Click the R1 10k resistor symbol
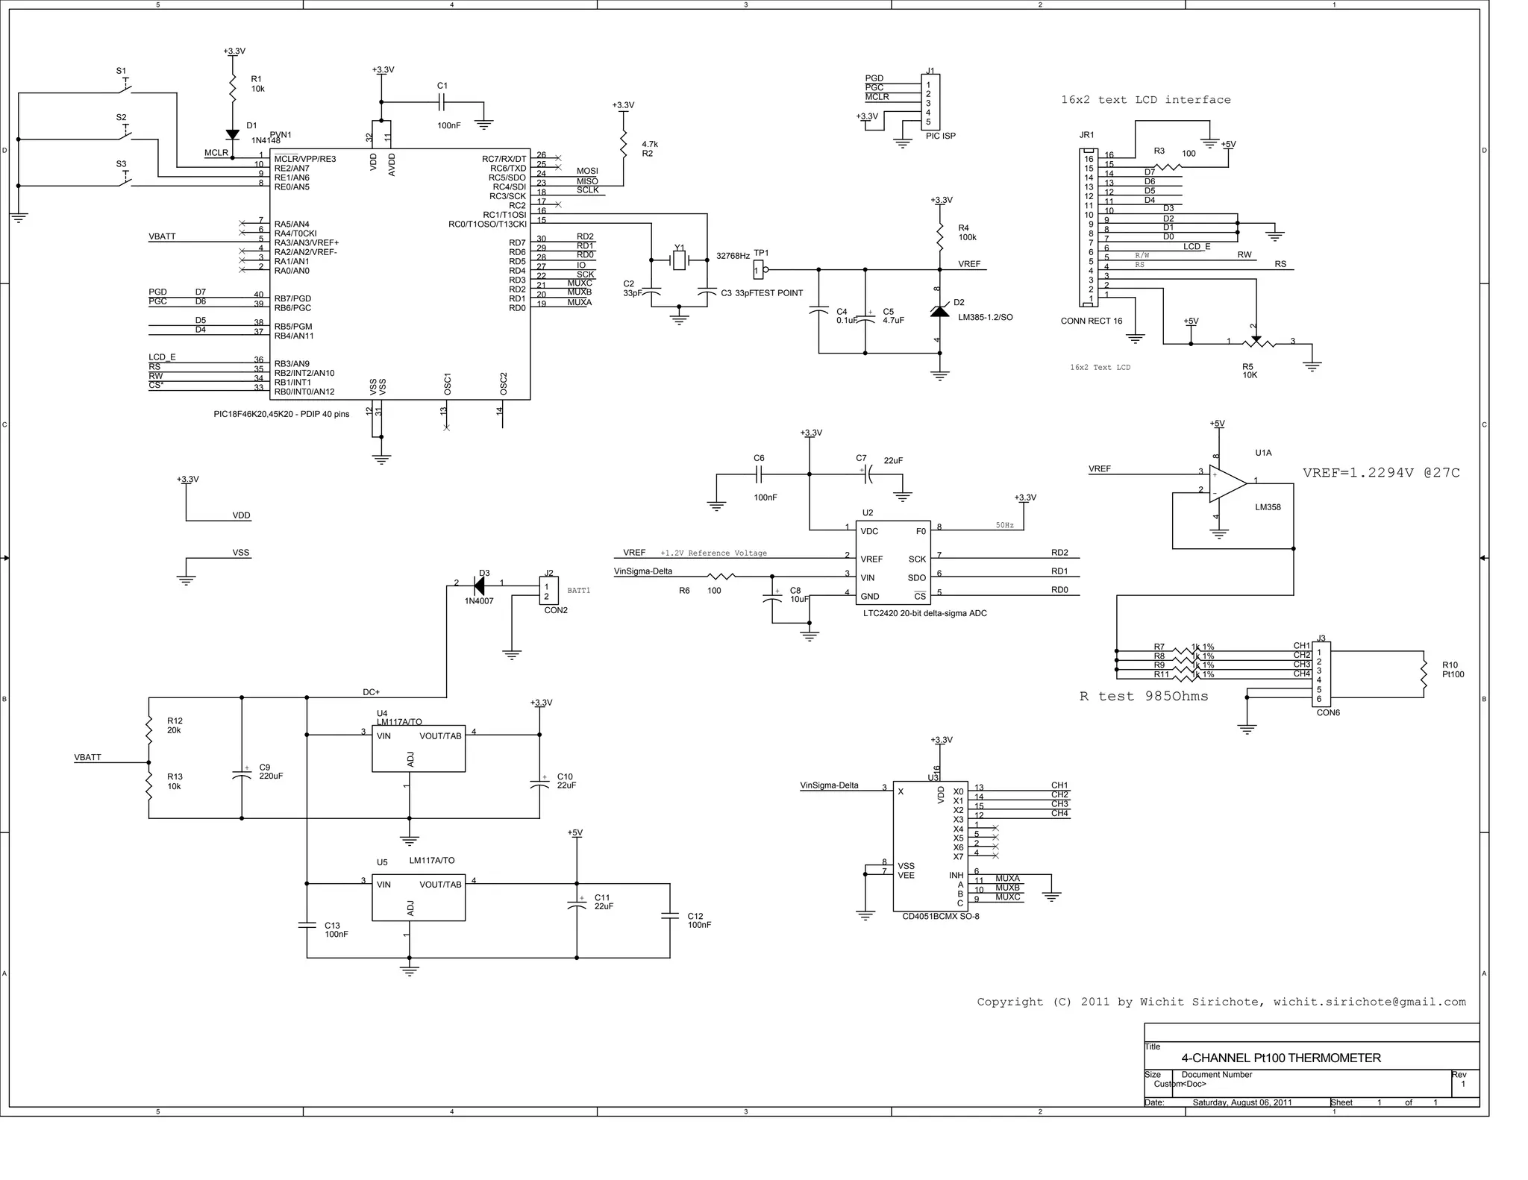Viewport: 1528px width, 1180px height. [x=232, y=88]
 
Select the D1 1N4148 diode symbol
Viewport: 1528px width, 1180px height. [x=232, y=135]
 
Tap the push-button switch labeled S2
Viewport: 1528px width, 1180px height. [x=125, y=135]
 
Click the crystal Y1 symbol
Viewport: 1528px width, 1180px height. [x=679, y=260]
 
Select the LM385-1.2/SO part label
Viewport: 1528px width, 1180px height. [x=985, y=317]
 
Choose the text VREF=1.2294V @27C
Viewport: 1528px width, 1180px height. [x=1381, y=473]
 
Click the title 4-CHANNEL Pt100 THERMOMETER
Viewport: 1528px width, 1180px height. [x=1281, y=1058]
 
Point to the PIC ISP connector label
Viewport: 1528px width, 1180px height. [x=940, y=136]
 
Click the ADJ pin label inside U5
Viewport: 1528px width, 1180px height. [x=410, y=908]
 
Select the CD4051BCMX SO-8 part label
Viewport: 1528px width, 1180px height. [x=940, y=916]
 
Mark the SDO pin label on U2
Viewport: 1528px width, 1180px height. [x=917, y=577]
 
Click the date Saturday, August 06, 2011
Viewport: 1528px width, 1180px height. [x=1242, y=1102]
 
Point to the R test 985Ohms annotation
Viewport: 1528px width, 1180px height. [x=1143, y=697]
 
